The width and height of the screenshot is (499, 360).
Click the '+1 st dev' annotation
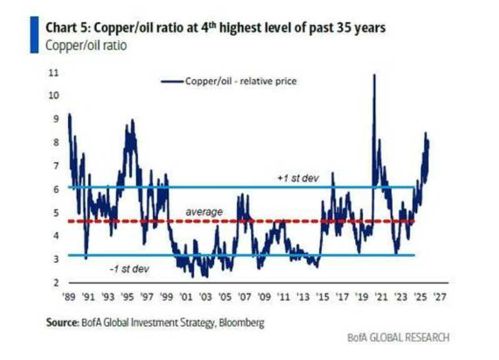click(x=298, y=179)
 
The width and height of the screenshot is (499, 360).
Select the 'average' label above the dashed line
click(x=204, y=212)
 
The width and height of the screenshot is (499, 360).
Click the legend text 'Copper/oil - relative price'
click(x=240, y=81)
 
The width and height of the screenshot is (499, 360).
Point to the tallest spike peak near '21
click(x=374, y=75)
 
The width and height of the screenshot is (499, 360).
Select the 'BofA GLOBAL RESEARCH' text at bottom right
click(x=398, y=337)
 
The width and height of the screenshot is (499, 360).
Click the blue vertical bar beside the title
click(x=35, y=36)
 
